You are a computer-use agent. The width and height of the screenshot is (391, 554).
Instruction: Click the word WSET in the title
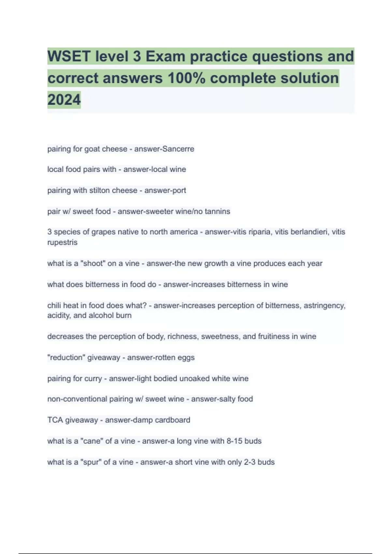pos(68,56)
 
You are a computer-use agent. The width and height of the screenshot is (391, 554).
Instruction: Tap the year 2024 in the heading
pos(64,100)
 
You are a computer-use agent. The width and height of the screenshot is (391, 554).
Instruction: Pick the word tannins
pos(217,211)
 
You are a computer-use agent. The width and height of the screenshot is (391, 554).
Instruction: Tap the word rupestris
pos(62,242)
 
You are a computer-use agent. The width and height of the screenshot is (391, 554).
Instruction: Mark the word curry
pos(93,379)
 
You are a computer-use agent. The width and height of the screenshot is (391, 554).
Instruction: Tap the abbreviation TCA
pos(55,420)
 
